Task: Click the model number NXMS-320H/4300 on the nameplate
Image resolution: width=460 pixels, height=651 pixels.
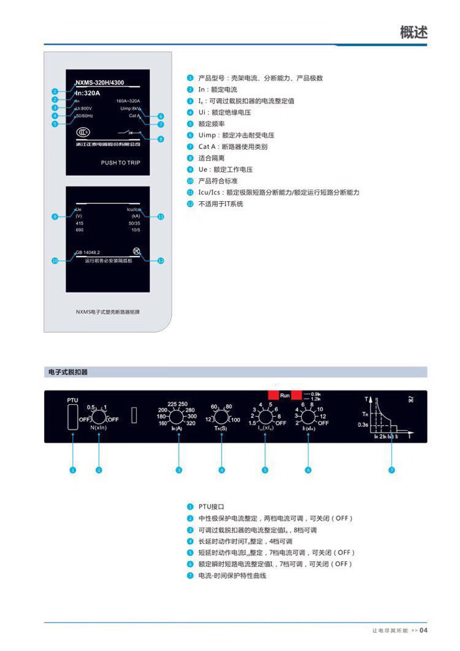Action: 100,83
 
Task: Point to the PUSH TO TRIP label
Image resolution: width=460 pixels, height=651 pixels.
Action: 120,163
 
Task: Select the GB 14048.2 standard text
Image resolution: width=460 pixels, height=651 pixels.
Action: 87,252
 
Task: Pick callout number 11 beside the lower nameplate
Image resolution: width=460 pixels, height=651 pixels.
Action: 161,216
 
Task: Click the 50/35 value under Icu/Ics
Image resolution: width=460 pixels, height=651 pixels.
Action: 134,223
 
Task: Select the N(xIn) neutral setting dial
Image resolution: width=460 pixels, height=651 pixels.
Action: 98,417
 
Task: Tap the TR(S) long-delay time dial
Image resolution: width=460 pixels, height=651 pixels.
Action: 222,417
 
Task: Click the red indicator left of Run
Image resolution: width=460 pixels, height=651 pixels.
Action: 273,395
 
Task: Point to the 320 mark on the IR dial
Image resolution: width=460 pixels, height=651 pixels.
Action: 191,424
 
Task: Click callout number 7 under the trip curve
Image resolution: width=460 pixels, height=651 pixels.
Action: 391,469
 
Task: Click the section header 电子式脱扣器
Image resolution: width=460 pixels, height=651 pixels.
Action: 68,372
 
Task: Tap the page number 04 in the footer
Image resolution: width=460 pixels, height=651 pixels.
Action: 423,630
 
